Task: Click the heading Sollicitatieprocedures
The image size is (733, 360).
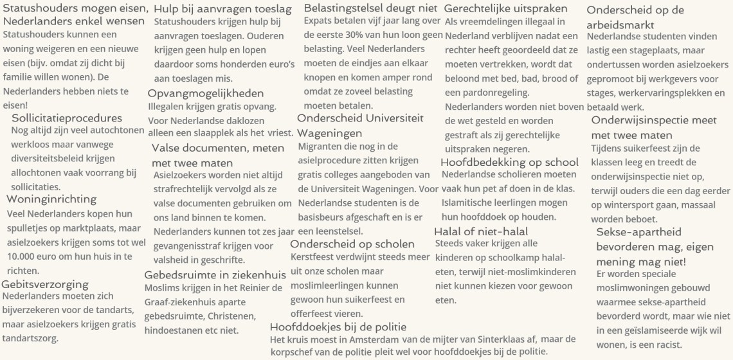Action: (x=67, y=118)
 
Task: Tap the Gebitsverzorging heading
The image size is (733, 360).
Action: (x=45, y=284)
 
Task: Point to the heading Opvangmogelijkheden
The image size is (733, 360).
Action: (x=206, y=93)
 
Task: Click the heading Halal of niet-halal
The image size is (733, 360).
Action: (x=481, y=231)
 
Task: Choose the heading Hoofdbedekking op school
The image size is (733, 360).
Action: (x=509, y=162)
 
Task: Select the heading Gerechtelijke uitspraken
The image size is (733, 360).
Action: (x=506, y=9)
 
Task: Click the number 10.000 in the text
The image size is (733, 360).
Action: (x=22, y=256)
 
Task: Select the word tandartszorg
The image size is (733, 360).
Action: (x=30, y=338)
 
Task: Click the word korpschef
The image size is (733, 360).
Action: (x=294, y=351)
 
